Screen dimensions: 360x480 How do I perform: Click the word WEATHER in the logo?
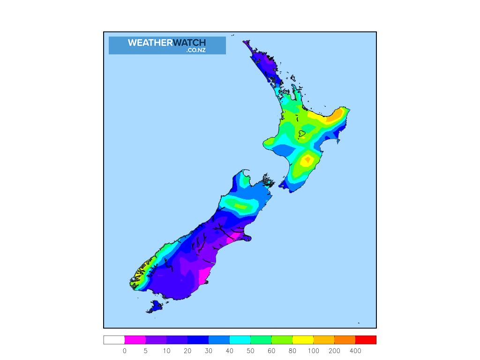coord(150,43)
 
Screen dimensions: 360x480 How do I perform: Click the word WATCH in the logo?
coord(189,43)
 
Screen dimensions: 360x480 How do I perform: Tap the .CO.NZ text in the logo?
coord(195,50)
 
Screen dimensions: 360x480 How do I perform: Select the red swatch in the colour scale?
coord(366,340)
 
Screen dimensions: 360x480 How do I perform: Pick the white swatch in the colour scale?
coord(114,340)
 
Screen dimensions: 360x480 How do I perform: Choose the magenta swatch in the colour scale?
coord(135,340)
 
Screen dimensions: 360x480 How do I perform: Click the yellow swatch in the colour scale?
coord(303,340)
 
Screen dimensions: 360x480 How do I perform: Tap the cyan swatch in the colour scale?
coord(240,340)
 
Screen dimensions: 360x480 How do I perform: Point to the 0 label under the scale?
coord(125,351)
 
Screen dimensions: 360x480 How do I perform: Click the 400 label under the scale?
coord(355,351)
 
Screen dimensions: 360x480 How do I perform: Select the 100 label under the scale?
coord(314,351)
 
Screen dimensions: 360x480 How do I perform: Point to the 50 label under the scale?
coord(250,351)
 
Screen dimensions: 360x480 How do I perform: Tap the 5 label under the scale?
coord(146,351)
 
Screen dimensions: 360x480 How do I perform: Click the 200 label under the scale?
coord(334,351)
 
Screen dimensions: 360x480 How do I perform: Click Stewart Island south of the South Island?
coord(154,307)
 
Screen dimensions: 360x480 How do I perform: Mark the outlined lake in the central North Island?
coord(302,134)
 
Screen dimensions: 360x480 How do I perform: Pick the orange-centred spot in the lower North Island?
coord(307,160)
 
